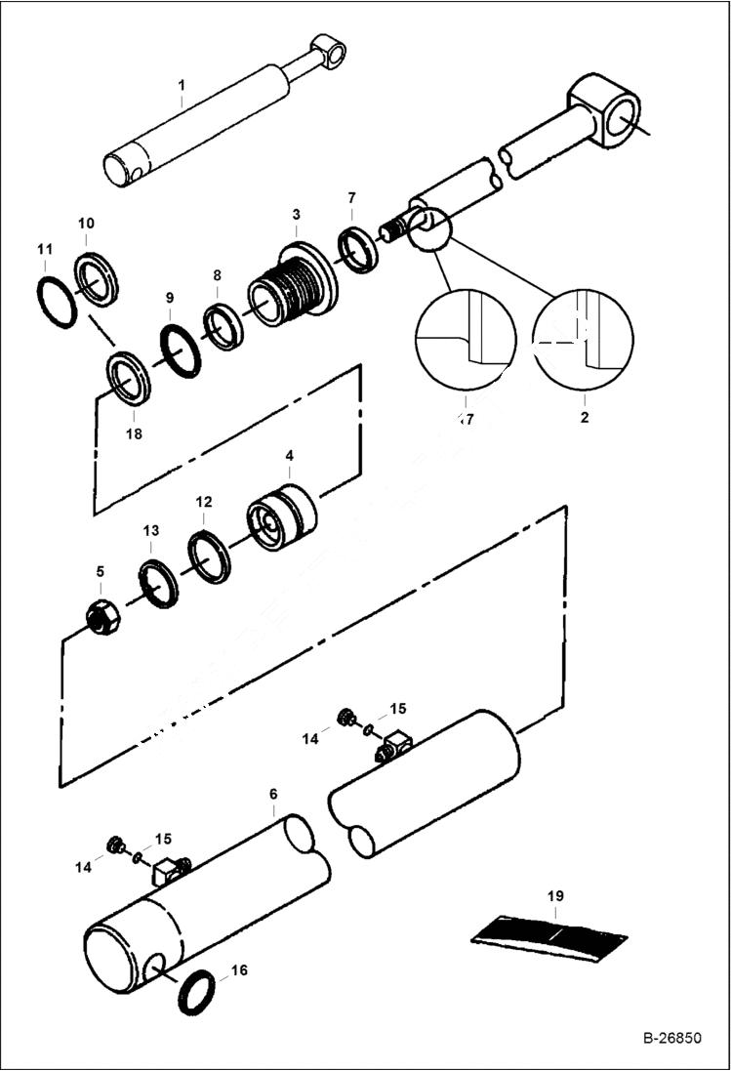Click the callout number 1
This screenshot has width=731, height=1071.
[x=181, y=86]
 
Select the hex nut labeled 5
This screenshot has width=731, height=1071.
[x=102, y=617]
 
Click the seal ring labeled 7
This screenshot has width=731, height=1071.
[x=358, y=247]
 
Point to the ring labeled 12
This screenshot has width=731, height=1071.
[x=209, y=556]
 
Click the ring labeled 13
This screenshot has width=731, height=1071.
[x=158, y=584]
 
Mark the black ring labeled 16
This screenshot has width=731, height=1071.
[x=202, y=992]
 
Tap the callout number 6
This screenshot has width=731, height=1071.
[x=273, y=796]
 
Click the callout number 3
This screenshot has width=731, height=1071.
[x=296, y=214]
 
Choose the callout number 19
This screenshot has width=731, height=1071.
[x=555, y=893]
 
